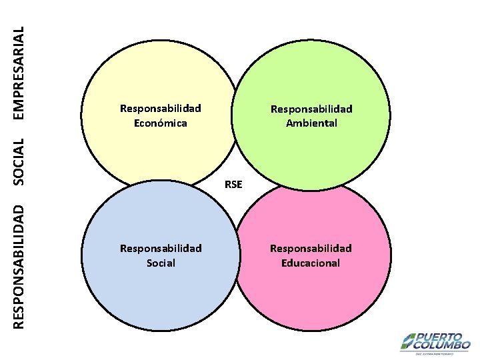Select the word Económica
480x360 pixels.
coord(160,123)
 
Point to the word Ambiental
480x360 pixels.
coord(311,123)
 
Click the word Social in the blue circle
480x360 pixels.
coord(161,263)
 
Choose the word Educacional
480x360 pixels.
coord(311,263)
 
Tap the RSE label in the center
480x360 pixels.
coord(233,184)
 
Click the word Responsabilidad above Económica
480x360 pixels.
coord(160,109)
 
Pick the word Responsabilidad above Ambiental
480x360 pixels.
coord(311,109)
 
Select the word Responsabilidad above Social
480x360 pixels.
coord(161,249)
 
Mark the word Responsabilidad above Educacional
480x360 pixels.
coord(311,249)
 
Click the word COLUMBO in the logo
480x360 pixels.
coord(443,345)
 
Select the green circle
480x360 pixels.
coord(313,73)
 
